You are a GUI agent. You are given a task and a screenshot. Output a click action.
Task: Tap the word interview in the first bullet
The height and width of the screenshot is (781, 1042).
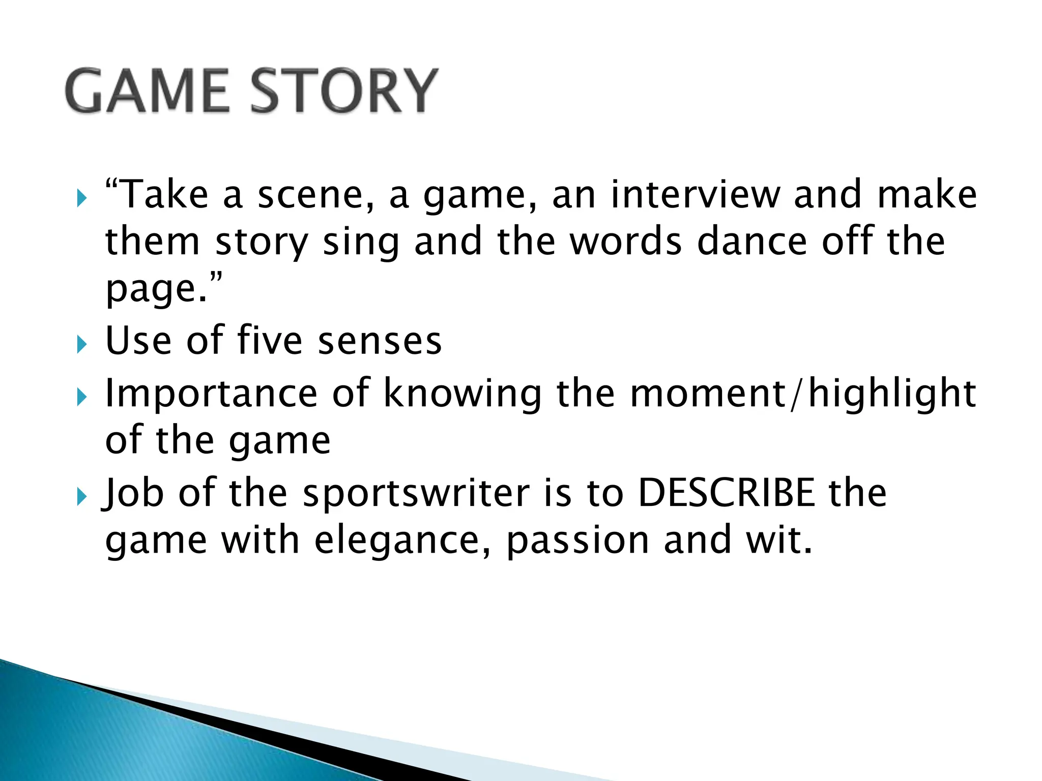coord(694,195)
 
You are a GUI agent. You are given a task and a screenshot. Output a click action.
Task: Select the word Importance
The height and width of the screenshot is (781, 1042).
coord(211,394)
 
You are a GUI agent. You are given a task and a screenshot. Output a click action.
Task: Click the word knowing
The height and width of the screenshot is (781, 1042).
coord(462,395)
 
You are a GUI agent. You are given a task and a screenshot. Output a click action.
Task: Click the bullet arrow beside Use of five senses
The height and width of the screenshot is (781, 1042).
coord(81,345)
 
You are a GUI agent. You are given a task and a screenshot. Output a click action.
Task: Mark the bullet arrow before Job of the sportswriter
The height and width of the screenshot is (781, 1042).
coord(81,497)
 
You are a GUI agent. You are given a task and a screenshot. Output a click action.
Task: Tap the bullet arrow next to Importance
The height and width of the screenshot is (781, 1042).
coord(81,397)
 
